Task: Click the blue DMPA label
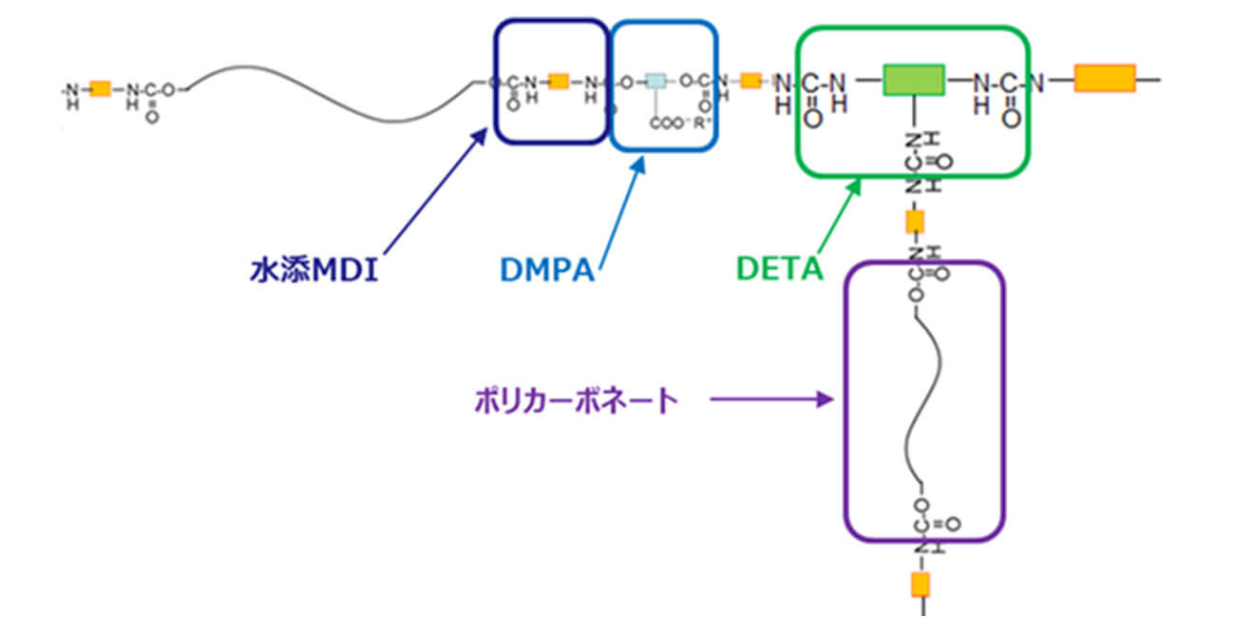click(x=547, y=271)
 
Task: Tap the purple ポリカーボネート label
click(x=577, y=400)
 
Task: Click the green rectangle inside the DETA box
click(x=913, y=80)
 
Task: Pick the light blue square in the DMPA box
click(x=655, y=82)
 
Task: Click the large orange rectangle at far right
click(x=1105, y=79)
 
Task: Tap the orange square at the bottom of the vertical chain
click(x=920, y=584)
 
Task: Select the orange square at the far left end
click(x=100, y=89)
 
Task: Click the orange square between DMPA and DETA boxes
click(x=750, y=81)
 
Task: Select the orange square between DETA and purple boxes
click(x=915, y=222)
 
